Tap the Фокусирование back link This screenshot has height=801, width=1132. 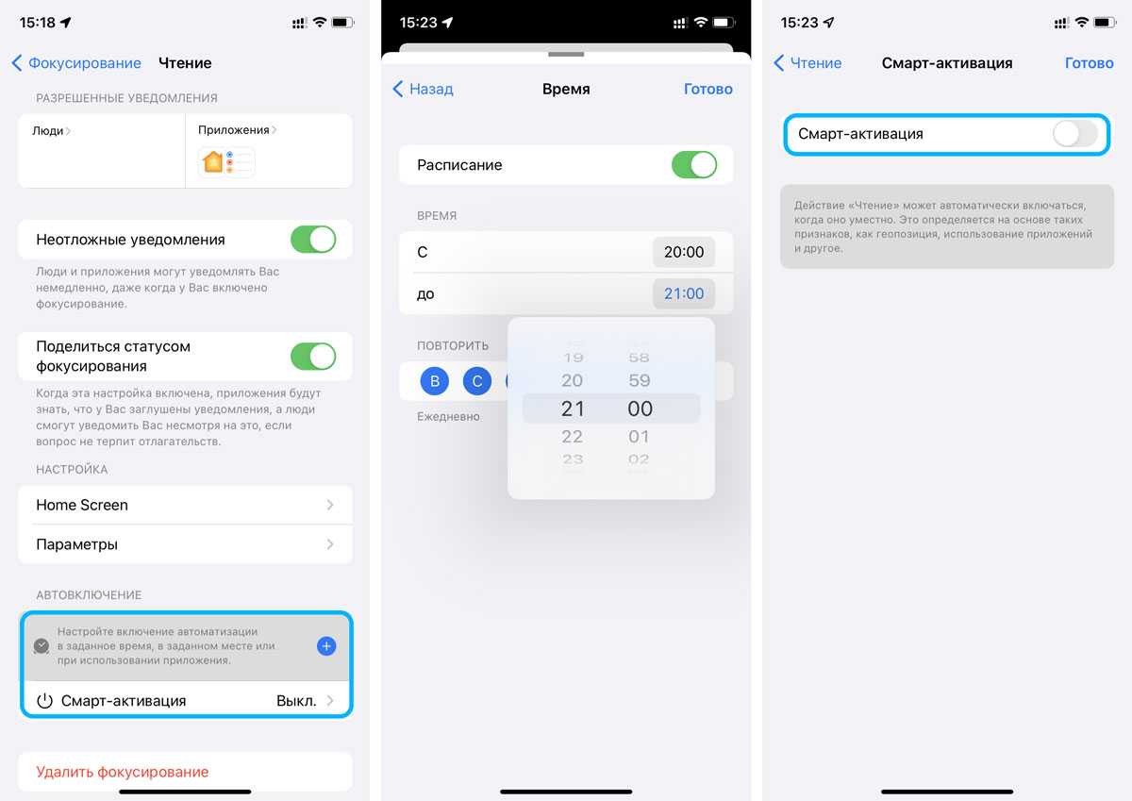tap(76, 63)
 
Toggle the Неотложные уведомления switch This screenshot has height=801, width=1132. tap(313, 240)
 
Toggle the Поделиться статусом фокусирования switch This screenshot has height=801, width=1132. tap(313, 357)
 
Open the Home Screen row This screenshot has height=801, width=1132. tap(185, 505)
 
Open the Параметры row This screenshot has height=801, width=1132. tap(185, 544)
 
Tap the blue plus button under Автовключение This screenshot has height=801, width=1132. tap(326, 646)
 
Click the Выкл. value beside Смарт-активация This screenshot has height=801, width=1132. tap(296, 701)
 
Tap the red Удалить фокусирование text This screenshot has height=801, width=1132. tap(123, 772)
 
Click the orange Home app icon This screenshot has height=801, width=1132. tap(213, 162)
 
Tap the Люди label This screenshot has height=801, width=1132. tap(47, 131)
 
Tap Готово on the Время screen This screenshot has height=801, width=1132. tap(708, 89)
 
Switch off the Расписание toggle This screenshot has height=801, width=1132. tap(694, 165)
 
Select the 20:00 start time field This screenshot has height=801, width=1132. tap(684, 252)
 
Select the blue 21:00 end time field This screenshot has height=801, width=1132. tap(684, 293)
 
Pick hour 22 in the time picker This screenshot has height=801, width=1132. tap(572, 437)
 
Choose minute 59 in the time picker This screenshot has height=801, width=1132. tap(640, 380)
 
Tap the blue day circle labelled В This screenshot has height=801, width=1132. tap(435, 381)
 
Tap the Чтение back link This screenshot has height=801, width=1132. tap(807, 63)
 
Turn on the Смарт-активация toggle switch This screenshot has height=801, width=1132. tap(1075, 134)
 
